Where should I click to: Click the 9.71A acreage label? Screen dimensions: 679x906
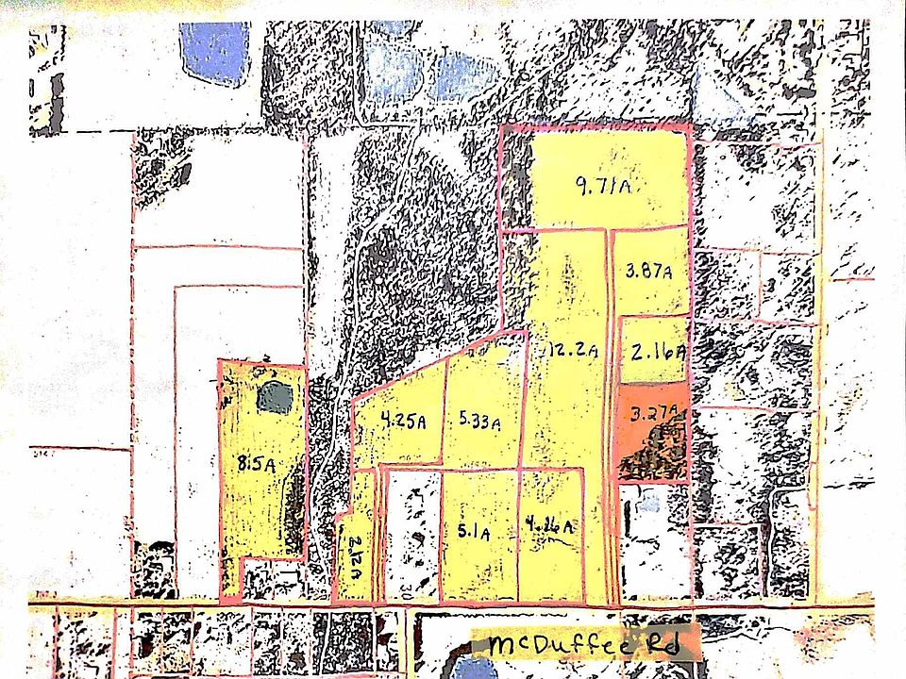point(602,186)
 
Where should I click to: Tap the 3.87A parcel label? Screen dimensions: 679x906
point(648,273)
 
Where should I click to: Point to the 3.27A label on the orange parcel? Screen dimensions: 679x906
point(651,412)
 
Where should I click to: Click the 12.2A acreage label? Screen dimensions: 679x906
point(572,352)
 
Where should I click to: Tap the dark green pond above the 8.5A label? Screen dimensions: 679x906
point(276,397)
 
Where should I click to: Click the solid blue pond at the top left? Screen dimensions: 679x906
point(215,52)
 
